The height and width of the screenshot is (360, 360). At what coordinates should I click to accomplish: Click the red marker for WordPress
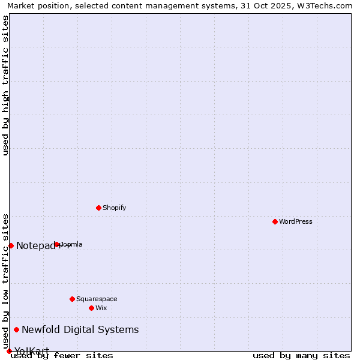coord(275,221)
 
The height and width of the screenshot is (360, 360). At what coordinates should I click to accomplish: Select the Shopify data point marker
coord(98,208)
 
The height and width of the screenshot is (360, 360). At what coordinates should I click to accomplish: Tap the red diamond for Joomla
coord(57,244)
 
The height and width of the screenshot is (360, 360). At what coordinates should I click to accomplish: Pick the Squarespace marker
coord(72,299)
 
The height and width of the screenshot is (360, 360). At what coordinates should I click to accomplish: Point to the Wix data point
coord(91,308)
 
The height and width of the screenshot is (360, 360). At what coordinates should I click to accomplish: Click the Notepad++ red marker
coord(11,245)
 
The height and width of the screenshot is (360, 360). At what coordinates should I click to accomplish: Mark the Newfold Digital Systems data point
coord(16,329)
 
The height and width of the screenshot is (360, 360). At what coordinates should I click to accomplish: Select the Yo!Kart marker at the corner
coord(9,351)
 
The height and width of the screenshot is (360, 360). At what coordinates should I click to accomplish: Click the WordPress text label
coord(296,221)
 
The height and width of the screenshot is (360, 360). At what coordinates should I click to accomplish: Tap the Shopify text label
coord(114,208)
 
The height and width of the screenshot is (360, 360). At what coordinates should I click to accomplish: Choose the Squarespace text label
coord(97,299)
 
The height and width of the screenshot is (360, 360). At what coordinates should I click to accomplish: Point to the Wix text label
coord(101,308)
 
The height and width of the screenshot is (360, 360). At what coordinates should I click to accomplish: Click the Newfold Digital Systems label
coord(80,329)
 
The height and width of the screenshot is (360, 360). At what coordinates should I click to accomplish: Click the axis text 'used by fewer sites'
coord(62,355)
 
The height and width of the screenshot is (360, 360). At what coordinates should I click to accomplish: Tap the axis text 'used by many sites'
coord(301,355)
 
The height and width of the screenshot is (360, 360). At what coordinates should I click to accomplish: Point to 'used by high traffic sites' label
coord(5,85)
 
